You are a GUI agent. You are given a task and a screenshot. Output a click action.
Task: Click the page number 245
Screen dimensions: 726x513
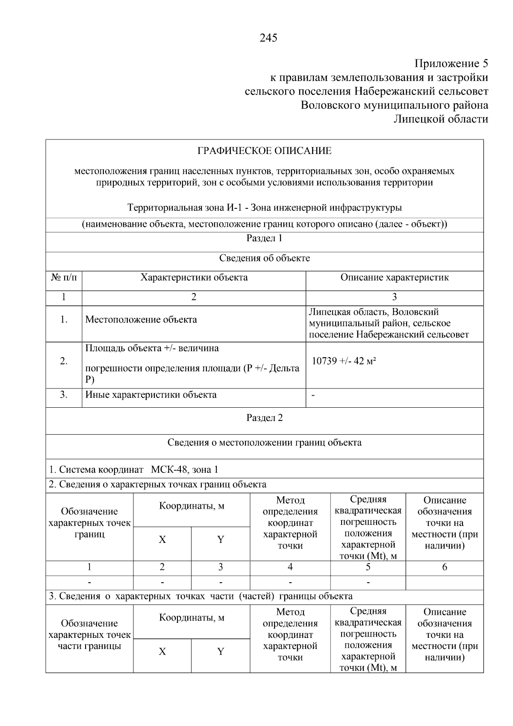pyautogui.click(x=268, y=38)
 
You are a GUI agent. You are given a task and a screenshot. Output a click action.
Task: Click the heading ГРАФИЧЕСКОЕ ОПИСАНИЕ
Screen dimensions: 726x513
pyautogui.click(x=264, y=151)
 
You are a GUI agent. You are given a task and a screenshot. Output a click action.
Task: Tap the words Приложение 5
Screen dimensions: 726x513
pyautogui.click(x=451, y=64)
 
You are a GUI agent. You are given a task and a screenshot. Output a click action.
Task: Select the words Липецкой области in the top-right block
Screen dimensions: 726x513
pyautogui.click(x=440, y=119)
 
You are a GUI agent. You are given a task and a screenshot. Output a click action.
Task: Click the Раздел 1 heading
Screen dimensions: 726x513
pyautogui.click(x=264, y=238)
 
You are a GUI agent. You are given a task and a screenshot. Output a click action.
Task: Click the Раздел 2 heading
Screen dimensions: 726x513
pyautogui.click(x=264, y=418)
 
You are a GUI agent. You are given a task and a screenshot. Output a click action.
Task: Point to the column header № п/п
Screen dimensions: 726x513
pyautogui.click(x=64, y=278)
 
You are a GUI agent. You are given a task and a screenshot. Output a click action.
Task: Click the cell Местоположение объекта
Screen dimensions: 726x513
pyautogui.click(x=141, y=320)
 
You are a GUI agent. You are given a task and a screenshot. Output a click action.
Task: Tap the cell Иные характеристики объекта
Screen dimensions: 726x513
pyautogui.click(x=151, y=395)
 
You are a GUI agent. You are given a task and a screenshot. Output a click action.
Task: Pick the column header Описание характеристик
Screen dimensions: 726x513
pyautogui.click(x=394, y=278)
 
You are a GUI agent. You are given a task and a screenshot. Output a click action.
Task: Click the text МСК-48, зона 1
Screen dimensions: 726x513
pyautogui.click(x=184, y=470)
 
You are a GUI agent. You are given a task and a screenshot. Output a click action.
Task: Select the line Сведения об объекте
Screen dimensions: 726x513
pyautogui.click(x=264, y=258)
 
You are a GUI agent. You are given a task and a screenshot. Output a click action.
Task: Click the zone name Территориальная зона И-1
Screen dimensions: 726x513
pyautogui.click(x=186, y=208)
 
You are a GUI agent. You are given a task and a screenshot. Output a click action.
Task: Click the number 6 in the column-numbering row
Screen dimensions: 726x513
pyautogui.click(x=445, y=567)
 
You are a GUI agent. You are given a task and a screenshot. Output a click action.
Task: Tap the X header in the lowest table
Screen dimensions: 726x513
pyautogui.click(x=162, y=652)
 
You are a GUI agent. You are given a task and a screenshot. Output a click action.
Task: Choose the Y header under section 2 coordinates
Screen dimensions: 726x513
pyautogui.click(x=221, y=540)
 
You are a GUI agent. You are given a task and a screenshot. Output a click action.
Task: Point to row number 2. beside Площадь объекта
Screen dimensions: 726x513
pyautogui.click(x=64, y=361)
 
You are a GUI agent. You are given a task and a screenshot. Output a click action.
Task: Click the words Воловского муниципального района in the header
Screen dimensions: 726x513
pyautogui.click(x=394, y=105)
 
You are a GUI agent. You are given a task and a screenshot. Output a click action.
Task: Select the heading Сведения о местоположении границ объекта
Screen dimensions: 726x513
pyautogui.click(x=264, y=443)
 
